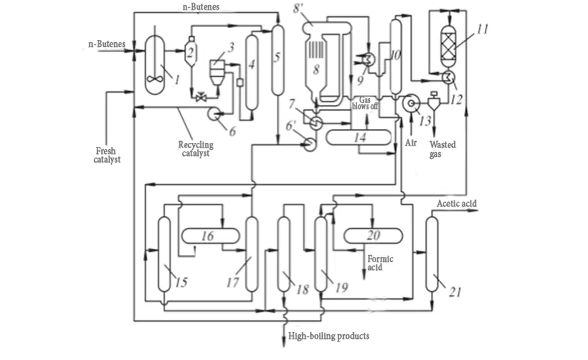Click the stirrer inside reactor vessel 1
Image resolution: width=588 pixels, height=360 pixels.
[x=155, y=79]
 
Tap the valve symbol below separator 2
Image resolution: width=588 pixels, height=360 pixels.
[x=201, y=98]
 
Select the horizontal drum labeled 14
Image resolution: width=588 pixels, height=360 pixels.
[x=358, y=137]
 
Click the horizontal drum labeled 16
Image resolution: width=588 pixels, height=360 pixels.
[x=210, y=236]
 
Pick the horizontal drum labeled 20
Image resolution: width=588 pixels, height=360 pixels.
[x=373, y=236]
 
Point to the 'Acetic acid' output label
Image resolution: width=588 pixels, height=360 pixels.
[x=457, y=204]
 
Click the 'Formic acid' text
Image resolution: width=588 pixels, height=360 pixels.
[x=380, y=263]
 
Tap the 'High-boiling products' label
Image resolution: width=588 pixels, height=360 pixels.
[x=329, y=335]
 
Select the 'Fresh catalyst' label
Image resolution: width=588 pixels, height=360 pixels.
[x=107, y=155]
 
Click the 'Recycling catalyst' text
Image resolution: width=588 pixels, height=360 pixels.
[x=196, y=149]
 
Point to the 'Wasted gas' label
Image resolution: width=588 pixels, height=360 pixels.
[x=443, y=149]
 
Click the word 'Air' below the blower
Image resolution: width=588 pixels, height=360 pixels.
[x=411, y=143]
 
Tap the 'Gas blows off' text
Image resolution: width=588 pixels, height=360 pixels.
[x=365, y=103]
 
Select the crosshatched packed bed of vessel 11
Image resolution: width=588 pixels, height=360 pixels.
[x=449, y=49]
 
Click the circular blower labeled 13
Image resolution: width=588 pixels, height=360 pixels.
[x=411, y=103]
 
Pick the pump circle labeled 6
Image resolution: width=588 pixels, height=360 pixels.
[x=214, y=114]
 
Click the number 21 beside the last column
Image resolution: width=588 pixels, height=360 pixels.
[x=455, y=292]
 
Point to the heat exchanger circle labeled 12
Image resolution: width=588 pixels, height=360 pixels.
[x=448, y=77]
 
